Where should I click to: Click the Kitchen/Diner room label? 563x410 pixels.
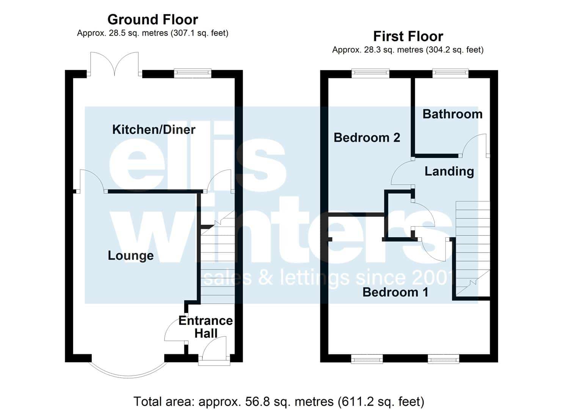[x=154, y=129]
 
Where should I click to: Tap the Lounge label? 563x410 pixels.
[x=131, y=256]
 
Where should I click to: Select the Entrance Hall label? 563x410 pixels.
[x=205, y=327]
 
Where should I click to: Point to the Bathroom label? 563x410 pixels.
[x=452, y=114]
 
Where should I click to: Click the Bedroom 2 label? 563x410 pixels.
[x=367, y=138]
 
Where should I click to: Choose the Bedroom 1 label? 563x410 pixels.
[x=395, y=292]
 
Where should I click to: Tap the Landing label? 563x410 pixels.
[x=449, y=172]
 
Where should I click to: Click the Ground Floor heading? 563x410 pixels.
[x=153, y=20]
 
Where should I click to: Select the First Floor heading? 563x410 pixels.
[x=408, y=36]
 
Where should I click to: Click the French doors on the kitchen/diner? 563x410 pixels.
[x=114, y=64]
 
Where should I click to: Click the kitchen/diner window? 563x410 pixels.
[x=193, y=73]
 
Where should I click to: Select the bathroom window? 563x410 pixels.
[x=450, y=73]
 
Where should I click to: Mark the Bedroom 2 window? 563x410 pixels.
[x=370, y=73]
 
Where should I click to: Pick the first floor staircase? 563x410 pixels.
[x=473, y=248]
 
